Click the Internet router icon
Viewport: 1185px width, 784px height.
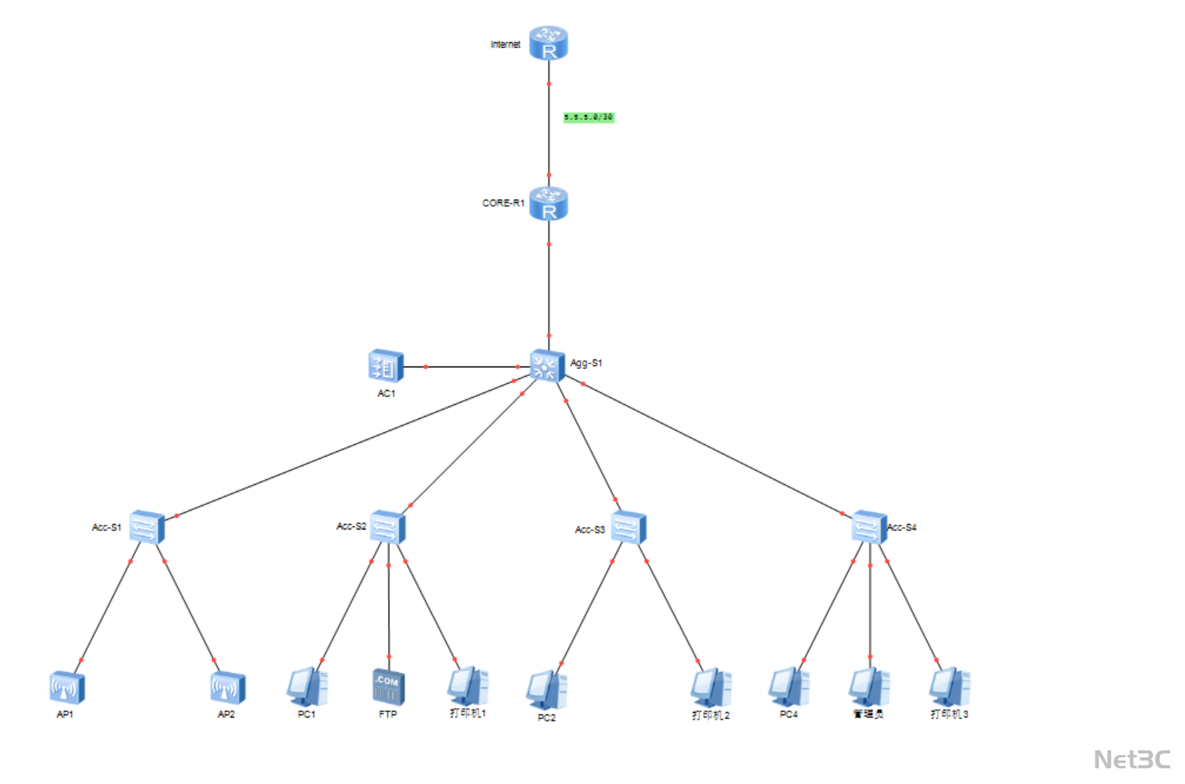click(x=548, y=43)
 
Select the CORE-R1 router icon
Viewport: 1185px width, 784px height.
click(x=548, y=204)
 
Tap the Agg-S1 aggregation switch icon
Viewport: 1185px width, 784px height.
click(x=546, y=366)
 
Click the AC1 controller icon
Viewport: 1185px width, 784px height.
click(x=386, y=367)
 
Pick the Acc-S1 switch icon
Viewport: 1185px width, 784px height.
click(x=147, y=527)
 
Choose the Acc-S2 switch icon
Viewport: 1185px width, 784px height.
click(x=387, y=527)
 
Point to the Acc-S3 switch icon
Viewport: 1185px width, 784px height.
click(x=628, y=527)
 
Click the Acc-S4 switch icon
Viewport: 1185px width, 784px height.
click(x=868, y=527)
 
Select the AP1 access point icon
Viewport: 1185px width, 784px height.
click(x=67, y=688)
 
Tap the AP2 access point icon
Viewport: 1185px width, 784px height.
click(x=227, y=688)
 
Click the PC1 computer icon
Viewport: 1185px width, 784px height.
click(x=306, y=687)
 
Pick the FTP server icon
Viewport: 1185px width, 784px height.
click(x=387, y=686)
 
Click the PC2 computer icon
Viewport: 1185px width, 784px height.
click(x=546, y=690)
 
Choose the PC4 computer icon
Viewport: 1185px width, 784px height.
click(x=788, y=687)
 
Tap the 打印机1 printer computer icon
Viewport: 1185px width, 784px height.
click(x=468, y=686)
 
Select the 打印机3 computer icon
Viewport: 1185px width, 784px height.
click(x=949, y=687)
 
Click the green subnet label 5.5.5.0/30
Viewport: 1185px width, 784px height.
click(x=589, y=117)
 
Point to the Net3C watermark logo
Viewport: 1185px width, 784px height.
click(x=1132, y=760)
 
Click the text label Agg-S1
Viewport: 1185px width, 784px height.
click(x=586, y=363)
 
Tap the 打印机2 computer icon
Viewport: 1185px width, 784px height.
click(x=710, y=688)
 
